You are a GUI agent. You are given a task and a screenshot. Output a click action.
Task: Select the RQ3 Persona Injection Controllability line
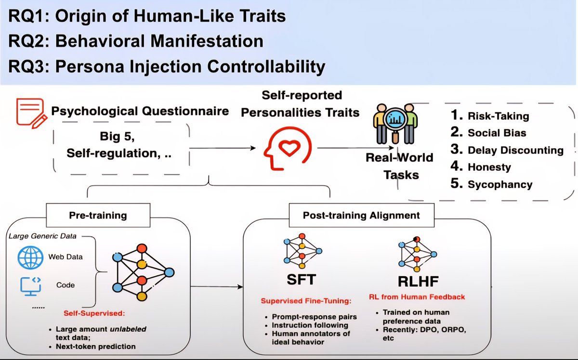coord(167,66)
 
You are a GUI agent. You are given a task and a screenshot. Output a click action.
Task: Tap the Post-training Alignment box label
coord(361,215)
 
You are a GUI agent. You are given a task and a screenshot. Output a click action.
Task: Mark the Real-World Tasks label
coord(399,166)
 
